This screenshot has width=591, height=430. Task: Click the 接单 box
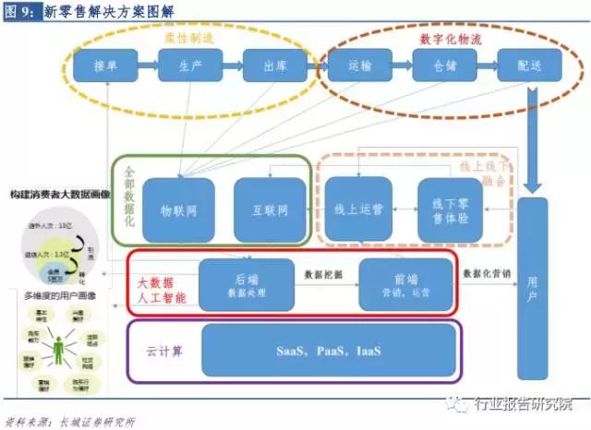105,66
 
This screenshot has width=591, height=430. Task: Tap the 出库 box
275,66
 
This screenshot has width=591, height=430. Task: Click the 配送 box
529,66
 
